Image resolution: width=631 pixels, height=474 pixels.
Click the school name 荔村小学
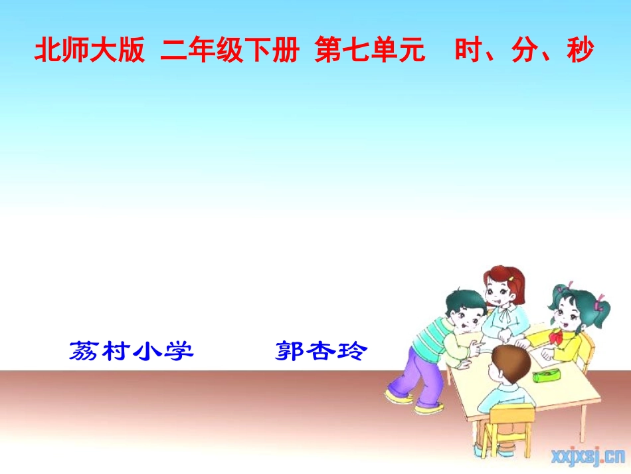coord(131,350)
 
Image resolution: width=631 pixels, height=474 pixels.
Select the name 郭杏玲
coord(320,350)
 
